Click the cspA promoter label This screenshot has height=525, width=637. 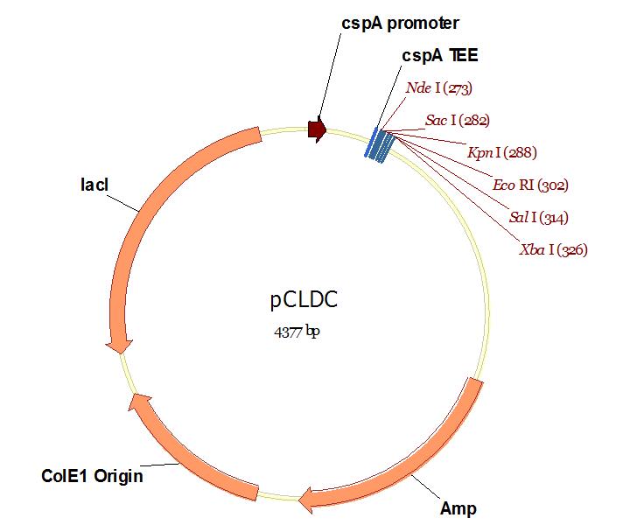pos(400,22)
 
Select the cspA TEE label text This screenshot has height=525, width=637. pos(440,55)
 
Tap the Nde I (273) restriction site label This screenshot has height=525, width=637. pos(439,87)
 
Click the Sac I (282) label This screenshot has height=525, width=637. pos(457,120)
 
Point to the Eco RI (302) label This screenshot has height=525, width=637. pos(530,185)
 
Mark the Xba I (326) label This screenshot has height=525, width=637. pos(553,250)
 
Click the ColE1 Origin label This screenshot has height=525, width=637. pos(92,477)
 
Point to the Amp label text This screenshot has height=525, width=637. pos(458,508)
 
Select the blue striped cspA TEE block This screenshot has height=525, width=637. pos(379,144)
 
